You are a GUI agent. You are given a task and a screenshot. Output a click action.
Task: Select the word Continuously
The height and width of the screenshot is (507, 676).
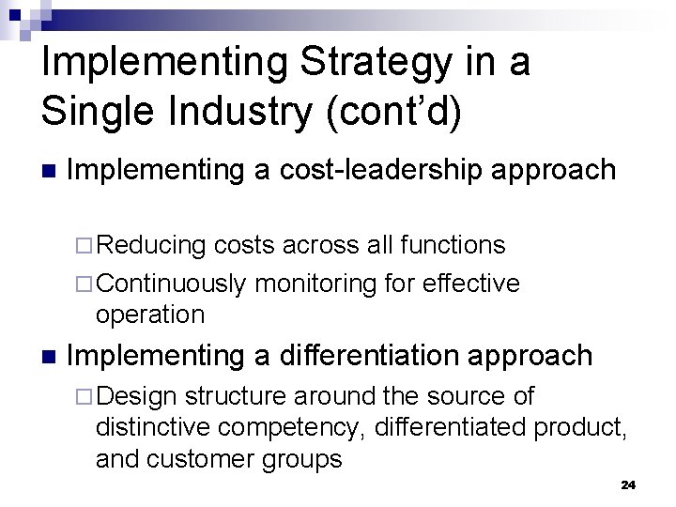[171, 284]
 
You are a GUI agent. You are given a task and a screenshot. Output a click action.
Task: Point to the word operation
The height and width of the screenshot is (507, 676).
[150, 315]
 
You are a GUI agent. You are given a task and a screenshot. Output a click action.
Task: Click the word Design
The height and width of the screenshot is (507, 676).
[137, 396]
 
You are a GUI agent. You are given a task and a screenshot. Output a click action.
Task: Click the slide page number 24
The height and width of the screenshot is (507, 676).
[628, 484]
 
